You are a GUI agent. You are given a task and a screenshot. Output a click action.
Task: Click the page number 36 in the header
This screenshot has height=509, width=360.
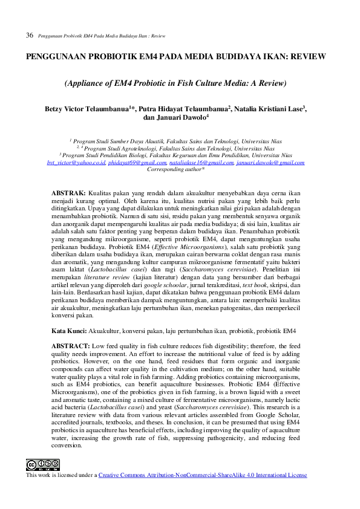(29, 36)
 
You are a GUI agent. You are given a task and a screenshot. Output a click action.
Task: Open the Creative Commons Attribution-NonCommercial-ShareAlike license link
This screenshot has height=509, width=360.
(203, 475)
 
